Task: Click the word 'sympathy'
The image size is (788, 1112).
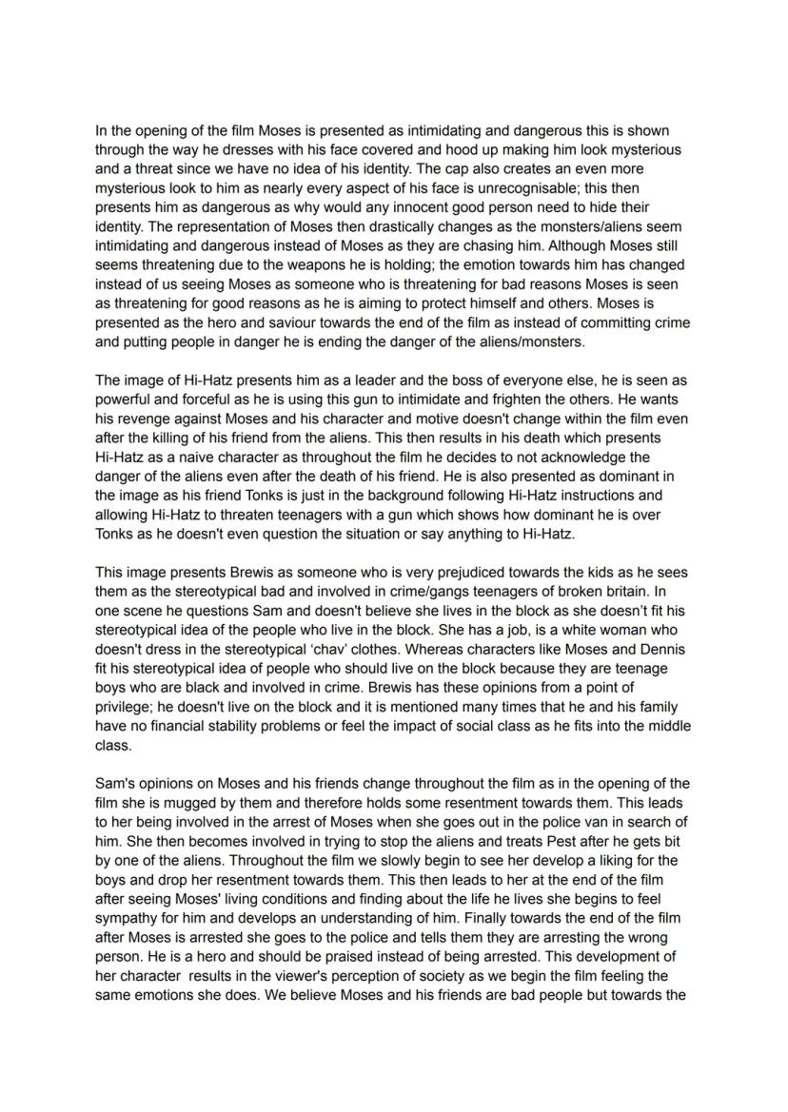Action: [128, 918]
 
